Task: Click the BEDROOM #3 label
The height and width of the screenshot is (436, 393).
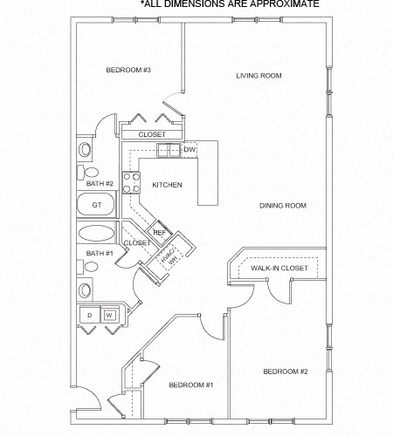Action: pyautogui.click(x=129, y=70)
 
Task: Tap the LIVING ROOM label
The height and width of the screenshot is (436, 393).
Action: pyautogui.click(x=259, y=76)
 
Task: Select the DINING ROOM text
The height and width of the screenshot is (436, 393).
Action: pyautogui.click(x=282, y=206)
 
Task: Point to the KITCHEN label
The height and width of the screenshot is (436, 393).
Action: pyautogui.click(x=167, y=186)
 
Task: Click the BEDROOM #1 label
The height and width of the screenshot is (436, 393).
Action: pyautogui.click(x=191, y=385)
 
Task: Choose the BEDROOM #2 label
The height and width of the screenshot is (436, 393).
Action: pyautogui.click(x=286, y=371)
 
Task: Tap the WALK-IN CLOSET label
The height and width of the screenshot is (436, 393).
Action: pyautogui.click(x=279, y=269)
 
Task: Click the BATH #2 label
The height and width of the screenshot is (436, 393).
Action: pyautogui.click(x=100, y=184)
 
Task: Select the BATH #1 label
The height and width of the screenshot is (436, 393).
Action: pyautogui.click(x=100, y=253)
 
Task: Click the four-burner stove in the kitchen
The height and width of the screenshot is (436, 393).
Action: pyautogui.click(x=132, y=182)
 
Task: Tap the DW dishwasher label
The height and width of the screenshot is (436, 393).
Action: pyautogui.click(x=189, y=150)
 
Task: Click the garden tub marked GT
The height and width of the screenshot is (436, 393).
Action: pyautogui.click(x=97, y=206)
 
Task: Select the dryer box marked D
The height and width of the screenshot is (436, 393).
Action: pyautogui.click(x=89, y=315)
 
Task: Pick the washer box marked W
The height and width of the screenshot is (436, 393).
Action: pyautogui.click(x=110, y=315)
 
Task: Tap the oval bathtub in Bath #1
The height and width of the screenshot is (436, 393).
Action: pyautogui.click(x=96, y=235)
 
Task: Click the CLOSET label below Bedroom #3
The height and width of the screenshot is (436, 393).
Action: pyautogui.click(x=152, y=134)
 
